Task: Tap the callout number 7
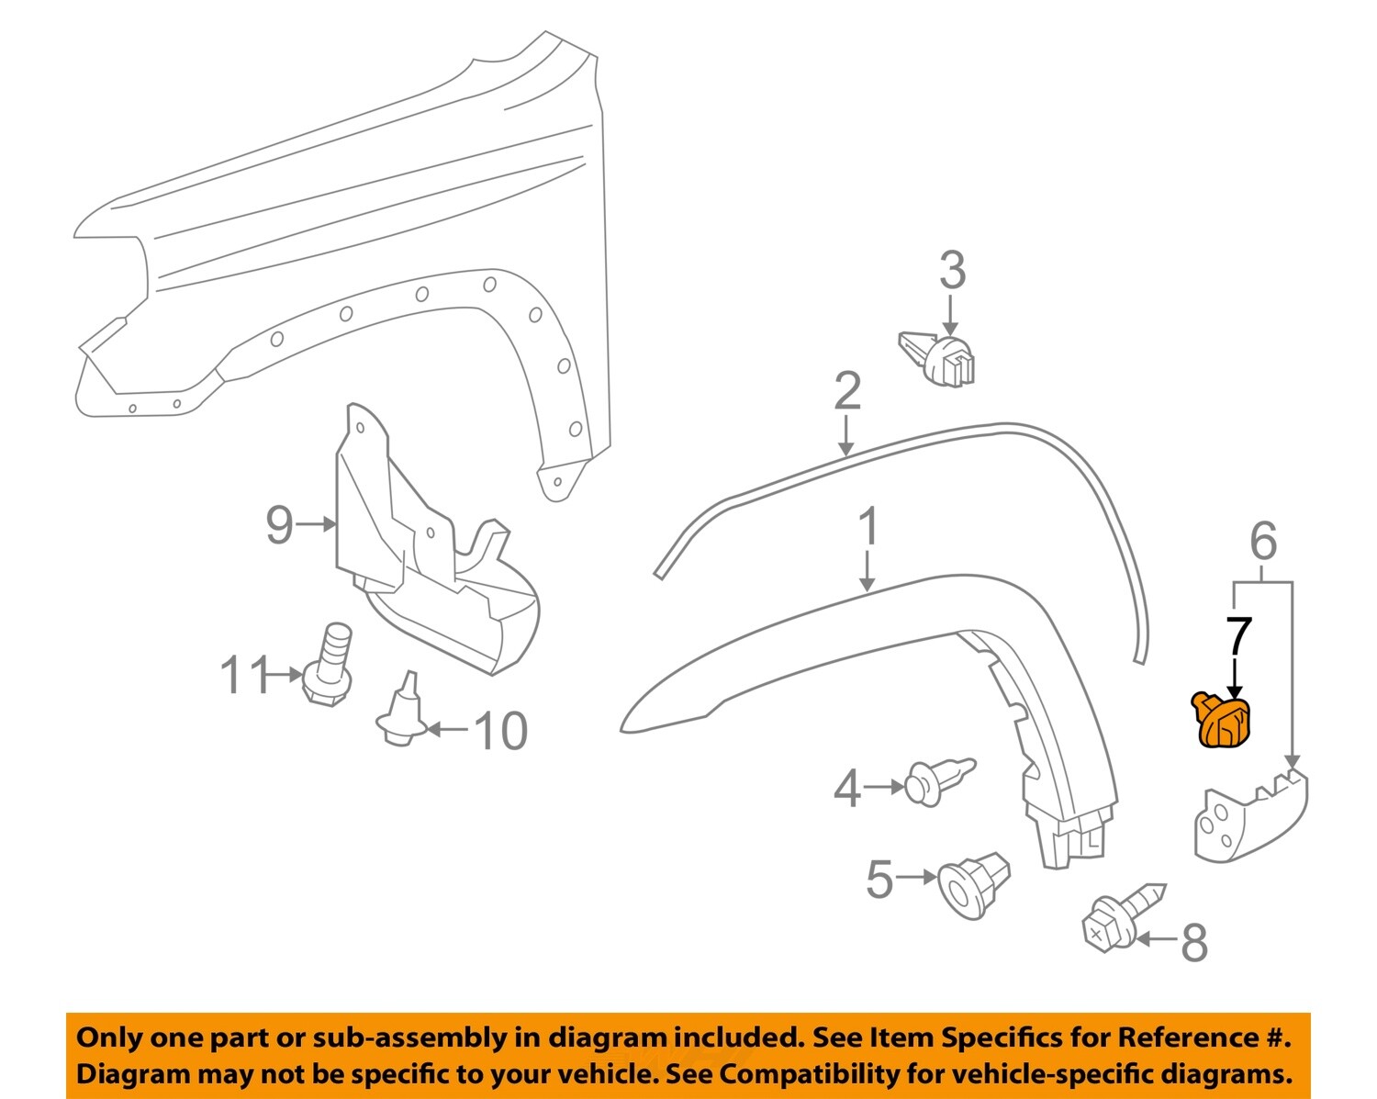1237,635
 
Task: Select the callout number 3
952,271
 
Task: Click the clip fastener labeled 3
940,359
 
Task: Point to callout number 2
846,392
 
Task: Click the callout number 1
868,528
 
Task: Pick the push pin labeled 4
937,781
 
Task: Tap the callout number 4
846,789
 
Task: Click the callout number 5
879,880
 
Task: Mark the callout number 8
1193,943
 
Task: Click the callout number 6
1263,542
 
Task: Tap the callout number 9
279,525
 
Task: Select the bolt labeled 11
328,666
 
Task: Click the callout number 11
243,677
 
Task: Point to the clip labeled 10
401,712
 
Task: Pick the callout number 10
500,732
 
